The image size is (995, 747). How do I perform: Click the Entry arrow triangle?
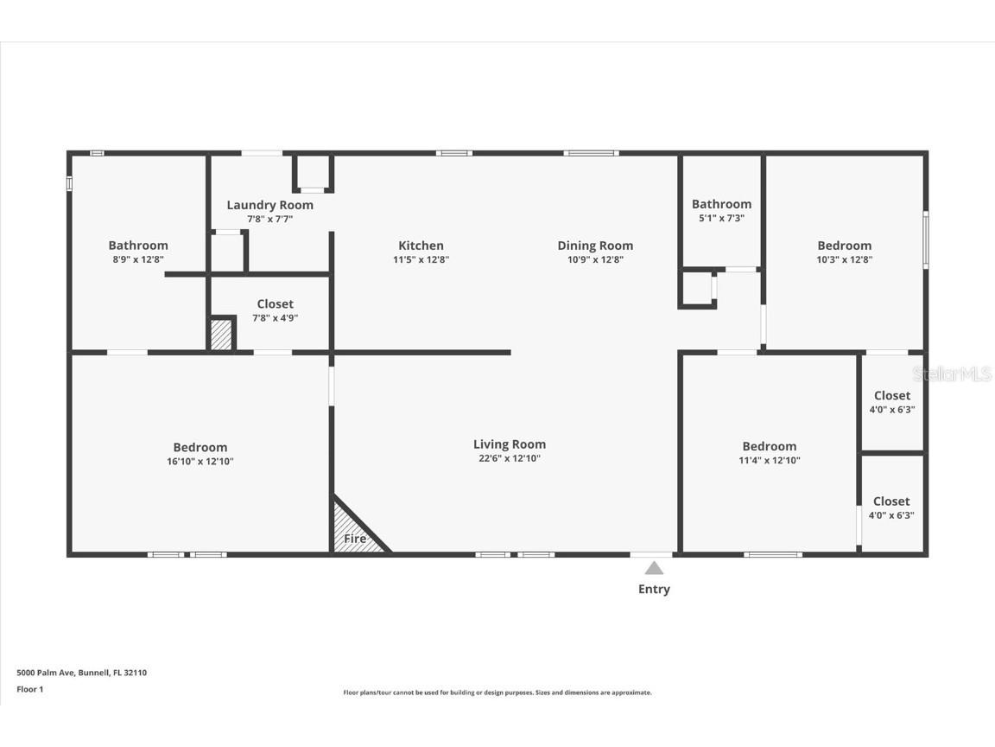click(x=654, y=568)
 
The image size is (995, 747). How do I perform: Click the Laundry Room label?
click(x=269, y=205)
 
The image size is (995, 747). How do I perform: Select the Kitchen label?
click(x=421, y=246)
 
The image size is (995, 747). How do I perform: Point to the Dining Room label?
click(x=595, y=246)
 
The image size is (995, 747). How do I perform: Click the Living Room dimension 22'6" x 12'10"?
click(x=510, y=459)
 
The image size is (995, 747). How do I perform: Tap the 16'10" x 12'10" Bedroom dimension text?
click(x=200, y=462)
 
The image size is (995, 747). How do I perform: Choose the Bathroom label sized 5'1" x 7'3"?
click(x=721, y=204)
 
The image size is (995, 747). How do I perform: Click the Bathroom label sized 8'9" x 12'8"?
click(x=138, y=246)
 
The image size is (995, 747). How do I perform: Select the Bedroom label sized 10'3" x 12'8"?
click(x=844, y=246)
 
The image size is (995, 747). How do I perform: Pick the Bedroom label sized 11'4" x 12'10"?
click(x=769, y=446)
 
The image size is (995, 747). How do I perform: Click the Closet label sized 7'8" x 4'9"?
click(x=275, y=303)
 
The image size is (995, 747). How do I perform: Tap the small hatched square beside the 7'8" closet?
click(x=221, y=335)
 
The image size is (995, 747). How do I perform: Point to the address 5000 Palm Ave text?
click(x=81, y=673)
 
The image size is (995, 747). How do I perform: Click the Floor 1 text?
click(x=29, y=689)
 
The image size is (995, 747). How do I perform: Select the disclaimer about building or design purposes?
click(x=497, y=693)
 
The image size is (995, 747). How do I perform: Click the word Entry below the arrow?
click(x=654, y=590)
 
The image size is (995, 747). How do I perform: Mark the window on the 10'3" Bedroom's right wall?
click(x=925, y=240)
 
